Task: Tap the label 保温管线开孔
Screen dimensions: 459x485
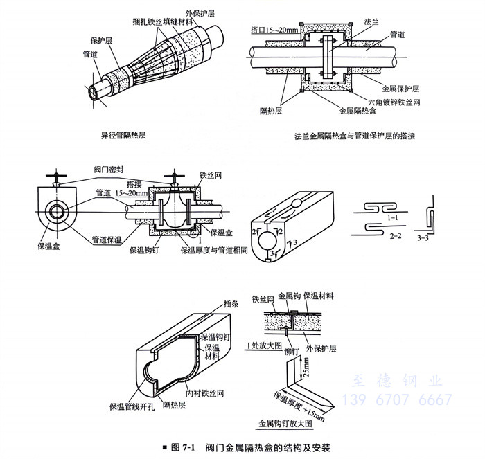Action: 131,407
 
